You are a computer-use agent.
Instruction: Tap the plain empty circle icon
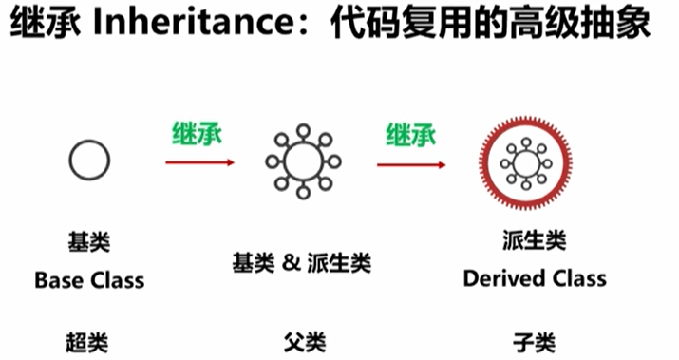point(69,161)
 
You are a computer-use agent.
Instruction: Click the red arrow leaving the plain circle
point(199,162)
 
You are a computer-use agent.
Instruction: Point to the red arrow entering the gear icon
point(411,165)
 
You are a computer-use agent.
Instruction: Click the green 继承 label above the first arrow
point(198,133)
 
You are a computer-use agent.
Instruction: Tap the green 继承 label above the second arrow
point(411,134)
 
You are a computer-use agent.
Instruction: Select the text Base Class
point(89,280)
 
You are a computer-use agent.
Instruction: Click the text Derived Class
point(535,278)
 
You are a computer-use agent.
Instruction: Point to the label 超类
point(87,343)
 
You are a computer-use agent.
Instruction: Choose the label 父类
point(305,343)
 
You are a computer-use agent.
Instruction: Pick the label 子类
point(534,343)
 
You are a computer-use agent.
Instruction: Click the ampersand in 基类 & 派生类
point(291,262)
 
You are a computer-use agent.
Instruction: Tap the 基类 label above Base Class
point(89,241)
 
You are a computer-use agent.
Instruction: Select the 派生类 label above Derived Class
point(535,239)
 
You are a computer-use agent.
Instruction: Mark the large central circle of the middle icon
point(286,161)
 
